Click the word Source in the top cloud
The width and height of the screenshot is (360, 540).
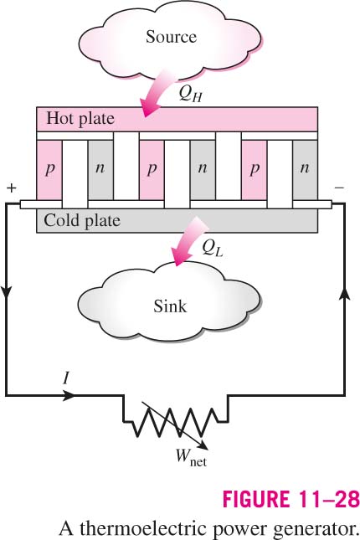tap(171, 37)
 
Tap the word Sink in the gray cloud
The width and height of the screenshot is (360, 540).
tap(170, 306)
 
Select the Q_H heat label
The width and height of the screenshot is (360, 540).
tap(190, 93)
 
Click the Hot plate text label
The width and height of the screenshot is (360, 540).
tap(80, 119)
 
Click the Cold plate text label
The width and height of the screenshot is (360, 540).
tap(82, 220)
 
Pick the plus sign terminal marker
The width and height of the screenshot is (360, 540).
tap(12, 188)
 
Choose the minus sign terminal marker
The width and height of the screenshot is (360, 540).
tap(339, 188)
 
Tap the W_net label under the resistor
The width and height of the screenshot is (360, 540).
tap(191, 458)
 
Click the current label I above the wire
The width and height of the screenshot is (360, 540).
tap(66, 378)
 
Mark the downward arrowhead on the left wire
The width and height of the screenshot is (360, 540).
tap(7, 292)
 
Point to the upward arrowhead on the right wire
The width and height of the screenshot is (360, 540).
tap(345, 296)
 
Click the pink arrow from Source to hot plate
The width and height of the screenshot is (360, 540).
tap(157, 92)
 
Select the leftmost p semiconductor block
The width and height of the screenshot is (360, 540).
tap(49, 170)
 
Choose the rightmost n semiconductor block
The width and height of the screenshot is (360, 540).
tap(305, 170)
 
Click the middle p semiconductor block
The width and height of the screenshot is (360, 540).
tap(152, 170)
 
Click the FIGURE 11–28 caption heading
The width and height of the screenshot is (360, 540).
tap(291, 499)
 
